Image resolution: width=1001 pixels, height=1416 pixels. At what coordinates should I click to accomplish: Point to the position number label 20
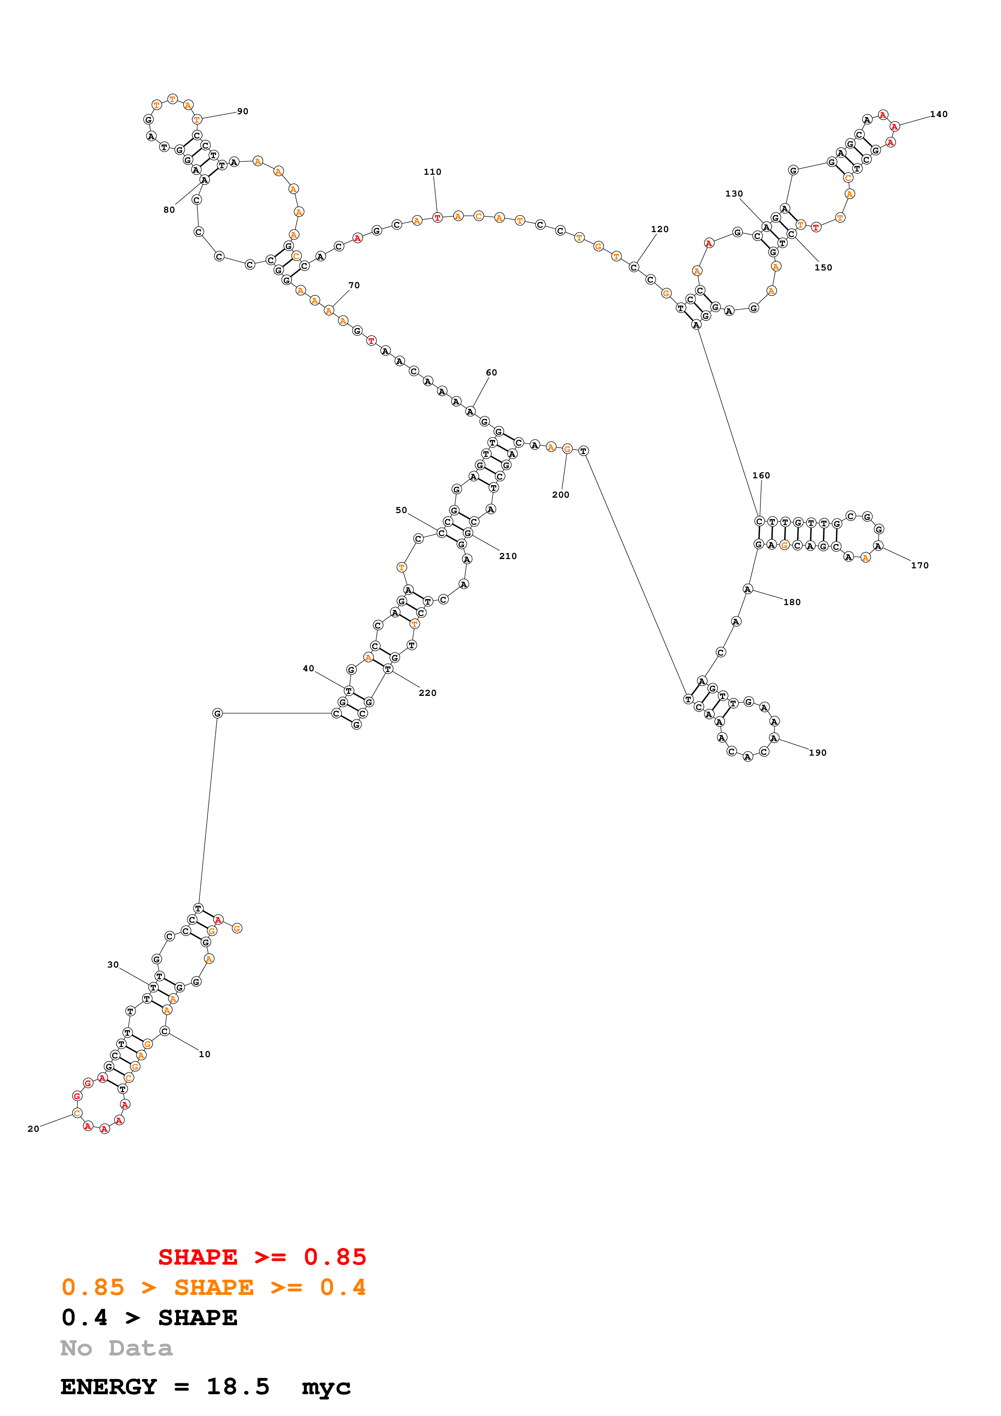pos(33,1129)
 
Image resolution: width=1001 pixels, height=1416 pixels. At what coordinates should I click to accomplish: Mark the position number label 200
pos(560,494)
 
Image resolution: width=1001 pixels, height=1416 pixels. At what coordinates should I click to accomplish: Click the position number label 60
pos(491,373)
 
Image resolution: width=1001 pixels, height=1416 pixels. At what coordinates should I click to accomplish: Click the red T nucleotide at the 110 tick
pos(437,218)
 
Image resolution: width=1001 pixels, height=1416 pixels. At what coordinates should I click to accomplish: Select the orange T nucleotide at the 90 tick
pos(197,119)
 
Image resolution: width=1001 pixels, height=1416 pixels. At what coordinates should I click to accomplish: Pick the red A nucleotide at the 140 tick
pos(894,126)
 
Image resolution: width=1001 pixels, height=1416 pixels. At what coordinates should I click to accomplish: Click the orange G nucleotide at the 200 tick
pos(567,449)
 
